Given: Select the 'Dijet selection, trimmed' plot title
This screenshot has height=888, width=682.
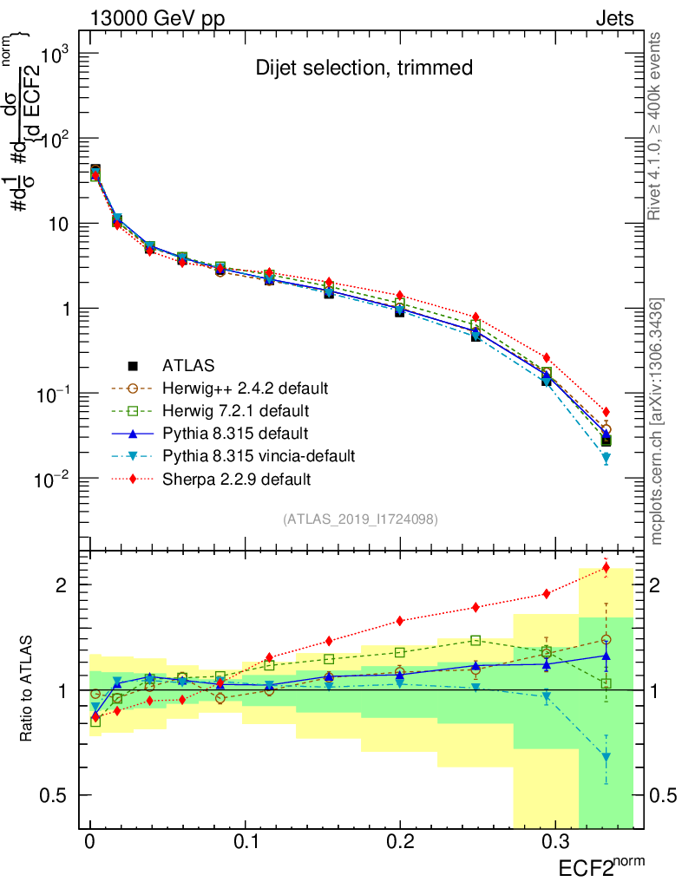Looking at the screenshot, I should [x=364, y=68].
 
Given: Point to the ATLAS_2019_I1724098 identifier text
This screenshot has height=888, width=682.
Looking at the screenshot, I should [x=360, y=519].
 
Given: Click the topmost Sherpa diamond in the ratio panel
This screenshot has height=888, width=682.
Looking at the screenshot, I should [x=606, y=568].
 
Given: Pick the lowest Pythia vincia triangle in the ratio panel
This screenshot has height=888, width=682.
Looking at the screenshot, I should [x=606, y=758].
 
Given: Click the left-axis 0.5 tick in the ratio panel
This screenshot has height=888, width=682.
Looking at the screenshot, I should [x=63, y=795].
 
